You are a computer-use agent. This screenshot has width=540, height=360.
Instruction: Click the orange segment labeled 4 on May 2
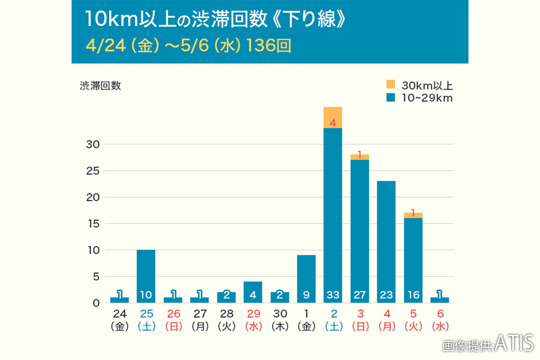pyautogui.click(x=333, y=117)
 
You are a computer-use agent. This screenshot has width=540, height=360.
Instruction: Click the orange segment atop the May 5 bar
pyautogui.click(x=413, y=215)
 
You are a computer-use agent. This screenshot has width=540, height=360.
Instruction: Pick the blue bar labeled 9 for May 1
pyautogui.click(x=306, y=279)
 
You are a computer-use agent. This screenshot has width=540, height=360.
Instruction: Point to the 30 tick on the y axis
pyautogui.click(x=93, y=144)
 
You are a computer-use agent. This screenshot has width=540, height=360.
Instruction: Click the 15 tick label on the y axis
pyautogui.click(x=93, y=224)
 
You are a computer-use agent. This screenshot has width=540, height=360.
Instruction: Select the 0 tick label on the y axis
pyautogui.click(x=95, y=303)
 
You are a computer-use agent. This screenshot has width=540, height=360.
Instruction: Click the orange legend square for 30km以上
pyautogui.click(x=390, y=84)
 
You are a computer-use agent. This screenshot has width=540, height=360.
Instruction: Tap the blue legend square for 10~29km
pyautogui.click(x=390, y=98)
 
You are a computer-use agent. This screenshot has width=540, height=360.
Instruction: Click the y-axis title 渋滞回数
pyautogui.click(x=100, y=86)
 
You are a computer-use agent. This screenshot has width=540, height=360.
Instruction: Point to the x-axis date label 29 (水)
pyautogui.click(x=253, y=320)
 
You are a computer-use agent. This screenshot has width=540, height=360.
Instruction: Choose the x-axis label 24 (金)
pyautogui.click(x=120, y=320)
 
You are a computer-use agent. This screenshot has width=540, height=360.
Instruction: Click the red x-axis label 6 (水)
pyautogui.click(x=440, y=320)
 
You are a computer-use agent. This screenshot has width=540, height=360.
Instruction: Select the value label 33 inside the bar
pyautogui.click(x=333, y=295)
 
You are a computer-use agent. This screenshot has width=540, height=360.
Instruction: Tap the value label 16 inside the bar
pyautogui.click(x=413, y=295)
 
